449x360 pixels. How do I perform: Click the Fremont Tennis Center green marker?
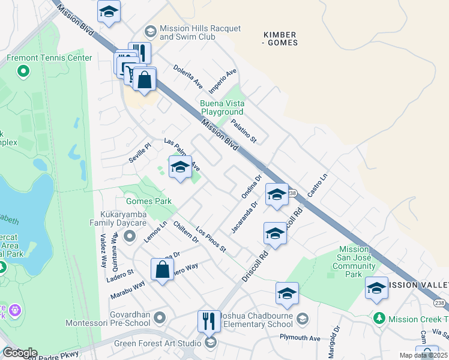click(x=23, y=71)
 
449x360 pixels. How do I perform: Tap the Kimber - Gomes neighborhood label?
click(x=280, y=38)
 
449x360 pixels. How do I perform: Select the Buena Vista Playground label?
click(x=221, y=108)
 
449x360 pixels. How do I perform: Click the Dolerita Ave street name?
click(x=188, y=76)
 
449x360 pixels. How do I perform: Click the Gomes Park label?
click(x=140, y=200)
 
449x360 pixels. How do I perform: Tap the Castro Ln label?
click(x=318, y=185)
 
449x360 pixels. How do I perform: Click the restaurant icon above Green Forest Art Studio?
click(x=209, y=321)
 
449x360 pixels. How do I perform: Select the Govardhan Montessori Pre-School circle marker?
click(x=159, y=317)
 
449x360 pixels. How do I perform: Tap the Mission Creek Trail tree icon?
click(x=379, y=317)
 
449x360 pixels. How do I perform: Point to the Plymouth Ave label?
click(x=300, y=337)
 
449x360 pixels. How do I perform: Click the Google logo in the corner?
click(x=19, y=353)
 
